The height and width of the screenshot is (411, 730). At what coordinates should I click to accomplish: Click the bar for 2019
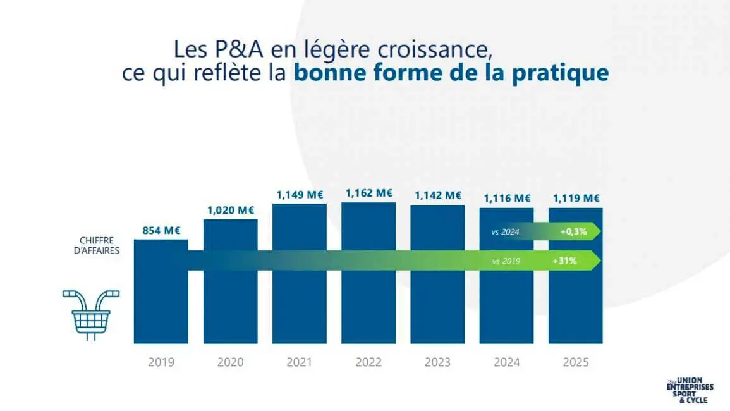pos(161,304)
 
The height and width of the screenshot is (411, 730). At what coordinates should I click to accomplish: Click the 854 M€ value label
pos(161,231)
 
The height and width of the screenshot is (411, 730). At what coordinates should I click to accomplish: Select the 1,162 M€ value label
pos(368,193)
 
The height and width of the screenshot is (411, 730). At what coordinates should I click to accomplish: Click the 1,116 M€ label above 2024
pos(507,199)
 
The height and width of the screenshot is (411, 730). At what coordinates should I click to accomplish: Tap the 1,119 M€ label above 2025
pos(576,199)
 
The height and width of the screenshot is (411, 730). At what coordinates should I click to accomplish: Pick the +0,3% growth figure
pos(573,232)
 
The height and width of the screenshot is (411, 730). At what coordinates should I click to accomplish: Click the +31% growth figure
pos(568,260)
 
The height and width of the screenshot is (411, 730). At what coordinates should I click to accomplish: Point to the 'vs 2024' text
pos(505,232)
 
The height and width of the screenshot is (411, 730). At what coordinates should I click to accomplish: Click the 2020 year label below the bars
pos(230,362)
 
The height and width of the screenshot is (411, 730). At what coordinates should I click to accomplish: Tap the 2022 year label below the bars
pos(368,362)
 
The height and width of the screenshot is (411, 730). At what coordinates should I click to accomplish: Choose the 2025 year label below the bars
pos(576,362)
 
